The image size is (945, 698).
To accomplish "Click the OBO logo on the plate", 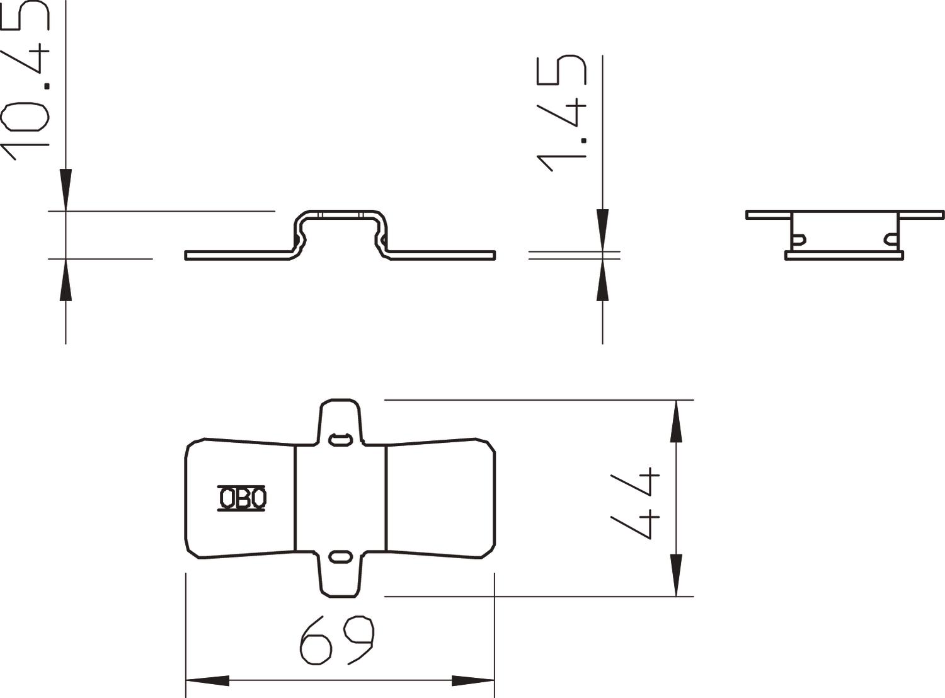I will tap(242, 498).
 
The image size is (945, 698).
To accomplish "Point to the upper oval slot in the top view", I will tap(341, 438).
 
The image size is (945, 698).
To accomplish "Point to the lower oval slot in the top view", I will tap(341, 557).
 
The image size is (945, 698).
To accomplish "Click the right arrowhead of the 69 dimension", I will tap(473, 681).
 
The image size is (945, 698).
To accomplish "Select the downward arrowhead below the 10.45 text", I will tap(66, 190).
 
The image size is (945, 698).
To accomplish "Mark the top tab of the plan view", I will tap(341, 419).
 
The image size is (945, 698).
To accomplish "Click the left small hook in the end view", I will tap(799, 239).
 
